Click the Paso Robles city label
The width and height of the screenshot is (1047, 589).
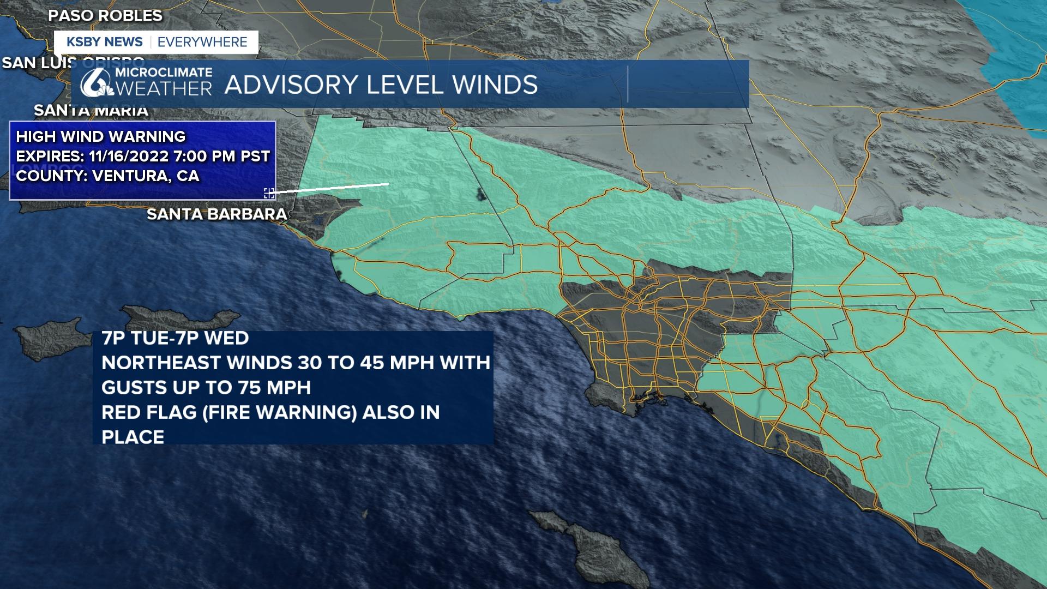pyautogui.click(x=105, y=16)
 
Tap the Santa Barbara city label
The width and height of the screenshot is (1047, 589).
pyautogui.click(x=217, y=214)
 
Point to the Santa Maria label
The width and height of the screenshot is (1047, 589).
pyautogui.click(x=91, y=111)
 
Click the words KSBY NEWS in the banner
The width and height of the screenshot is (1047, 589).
pyautogui.click(x=104, y=42)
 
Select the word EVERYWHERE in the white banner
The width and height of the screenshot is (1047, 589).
pyautogui.click(x=202, y=42)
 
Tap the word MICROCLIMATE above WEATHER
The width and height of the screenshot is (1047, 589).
pyautogui.click(x=164, y=73)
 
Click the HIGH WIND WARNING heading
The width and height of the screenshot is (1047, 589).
pyautogui.click(x=101, y=136)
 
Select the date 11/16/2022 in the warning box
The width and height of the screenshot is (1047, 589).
pyautogui.click(x=129, y=157)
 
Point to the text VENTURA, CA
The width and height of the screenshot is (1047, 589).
pyautogui.click(x=146, y=176)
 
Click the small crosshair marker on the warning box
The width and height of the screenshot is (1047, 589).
pyautogui.click(x=269, y=193)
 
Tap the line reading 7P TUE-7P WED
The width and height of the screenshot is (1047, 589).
pyautogui.click(x=175, y=338)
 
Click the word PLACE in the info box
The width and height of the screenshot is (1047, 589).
pyautogui.click(x=133, y=437)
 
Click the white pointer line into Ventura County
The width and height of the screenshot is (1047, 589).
pyautogui.click(x=333, y=188)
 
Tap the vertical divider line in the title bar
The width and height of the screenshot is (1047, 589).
pyautogui.click(x=628, y=85)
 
